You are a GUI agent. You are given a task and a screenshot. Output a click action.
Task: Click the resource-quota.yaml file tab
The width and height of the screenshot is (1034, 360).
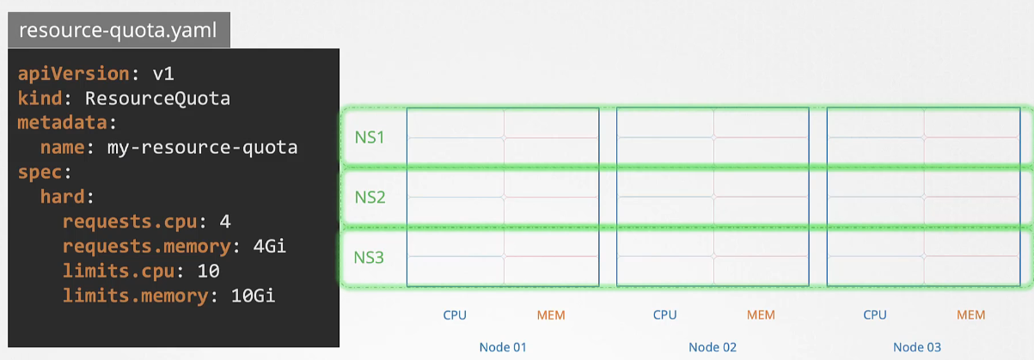click(118, 32)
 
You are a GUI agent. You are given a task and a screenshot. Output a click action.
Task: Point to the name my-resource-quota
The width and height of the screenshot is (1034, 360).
click(202, 147)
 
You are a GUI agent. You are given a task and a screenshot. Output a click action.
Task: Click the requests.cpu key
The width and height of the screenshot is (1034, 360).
click(129, 222)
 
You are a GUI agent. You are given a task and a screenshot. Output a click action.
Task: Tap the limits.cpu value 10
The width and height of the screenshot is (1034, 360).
click(208, 271)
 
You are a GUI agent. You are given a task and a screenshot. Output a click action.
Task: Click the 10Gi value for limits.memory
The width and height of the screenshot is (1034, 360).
click(253, 296)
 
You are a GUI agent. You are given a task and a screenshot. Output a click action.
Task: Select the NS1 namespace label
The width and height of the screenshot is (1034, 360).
click(370, 137)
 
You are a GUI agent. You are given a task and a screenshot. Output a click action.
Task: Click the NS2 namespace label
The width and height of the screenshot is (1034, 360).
click(370, 197)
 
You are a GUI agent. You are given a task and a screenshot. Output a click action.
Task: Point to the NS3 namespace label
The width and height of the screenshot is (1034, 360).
click(370, 256)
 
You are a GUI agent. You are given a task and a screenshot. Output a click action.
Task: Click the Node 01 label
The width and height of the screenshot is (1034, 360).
click(503, 347)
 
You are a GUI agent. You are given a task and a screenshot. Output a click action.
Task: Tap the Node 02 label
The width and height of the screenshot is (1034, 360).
click(713, 347)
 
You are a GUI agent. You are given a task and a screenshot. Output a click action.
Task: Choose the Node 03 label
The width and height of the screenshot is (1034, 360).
click(918, 347)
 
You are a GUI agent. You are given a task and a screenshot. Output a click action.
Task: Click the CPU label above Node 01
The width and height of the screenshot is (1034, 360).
click(455, 315)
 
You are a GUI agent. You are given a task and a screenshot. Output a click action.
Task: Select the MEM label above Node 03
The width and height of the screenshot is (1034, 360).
click(971, 315)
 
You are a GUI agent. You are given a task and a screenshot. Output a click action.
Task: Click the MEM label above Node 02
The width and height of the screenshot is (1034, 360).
click(761, 315)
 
